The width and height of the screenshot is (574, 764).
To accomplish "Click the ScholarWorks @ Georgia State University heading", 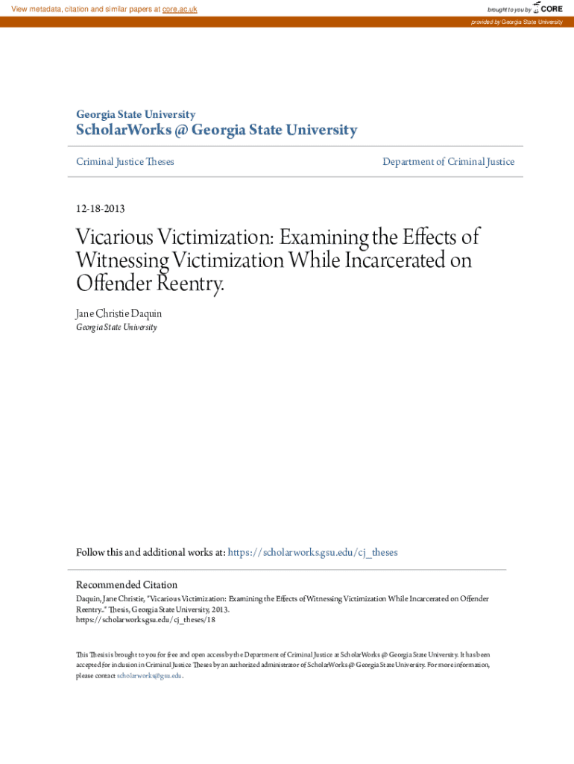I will pyautogui.click(x=216, y=131).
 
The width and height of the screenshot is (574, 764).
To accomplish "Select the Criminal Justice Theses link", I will pyautogui.click(x=125, y=162).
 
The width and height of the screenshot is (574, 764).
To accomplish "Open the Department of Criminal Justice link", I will pyautogui.click(x=448, y=162).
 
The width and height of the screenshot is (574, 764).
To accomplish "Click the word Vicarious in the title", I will pyautogui.click(x=114, y=238).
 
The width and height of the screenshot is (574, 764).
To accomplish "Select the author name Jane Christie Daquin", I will pyautogui.click(x=119, y=314).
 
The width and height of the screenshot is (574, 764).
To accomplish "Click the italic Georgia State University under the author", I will pyautogui.click(x=116, y=328).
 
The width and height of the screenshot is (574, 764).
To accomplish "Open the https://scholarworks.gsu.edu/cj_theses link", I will pyautogui.click(x=312, y=553).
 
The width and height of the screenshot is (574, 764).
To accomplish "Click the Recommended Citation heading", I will pyautogui.click(x=127, y=585).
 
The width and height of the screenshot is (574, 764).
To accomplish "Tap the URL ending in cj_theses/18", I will pyautogui.click(x=145, y=620).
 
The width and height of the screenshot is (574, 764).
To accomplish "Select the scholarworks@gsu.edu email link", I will pyautogui.click(x=149, y=676).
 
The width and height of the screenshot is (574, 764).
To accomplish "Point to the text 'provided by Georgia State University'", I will pyautogui.click(x=516, y=22).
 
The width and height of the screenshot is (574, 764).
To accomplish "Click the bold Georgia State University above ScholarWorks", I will pyautogui.click(x=136, y=115).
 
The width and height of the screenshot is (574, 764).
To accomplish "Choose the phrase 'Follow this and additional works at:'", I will pyautogui.click(x=151, y=553).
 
